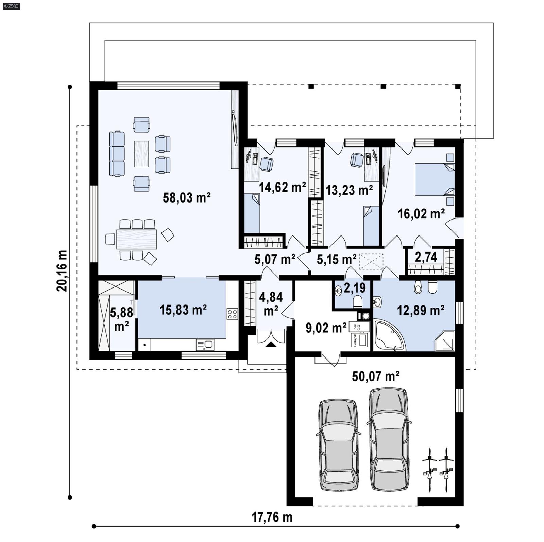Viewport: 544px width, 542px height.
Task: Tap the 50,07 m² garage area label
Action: point(375,376)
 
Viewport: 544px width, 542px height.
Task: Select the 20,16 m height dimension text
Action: point(62,271)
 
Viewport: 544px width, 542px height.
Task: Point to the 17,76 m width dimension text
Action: point(272,517)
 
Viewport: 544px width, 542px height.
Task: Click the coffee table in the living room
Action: point(141,154)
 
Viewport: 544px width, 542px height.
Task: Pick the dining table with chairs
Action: point(136,239)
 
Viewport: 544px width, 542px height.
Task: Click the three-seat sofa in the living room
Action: point(117,154)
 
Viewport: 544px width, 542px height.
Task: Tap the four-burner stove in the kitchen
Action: point(233,314)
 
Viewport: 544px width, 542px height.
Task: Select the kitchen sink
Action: point(205,345)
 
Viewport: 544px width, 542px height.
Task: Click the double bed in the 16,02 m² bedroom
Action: point(434,179)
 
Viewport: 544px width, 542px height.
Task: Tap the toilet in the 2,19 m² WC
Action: point(358,301)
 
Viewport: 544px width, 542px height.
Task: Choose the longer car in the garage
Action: point(389,439)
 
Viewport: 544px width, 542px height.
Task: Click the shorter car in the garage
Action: point(338,445)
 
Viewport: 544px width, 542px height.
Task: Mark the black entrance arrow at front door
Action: point(271,344)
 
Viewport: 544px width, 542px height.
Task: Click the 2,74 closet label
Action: point(426,257)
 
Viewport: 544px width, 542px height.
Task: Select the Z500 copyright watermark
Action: point(11,6)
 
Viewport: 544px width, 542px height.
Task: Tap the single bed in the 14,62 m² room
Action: point(252,213)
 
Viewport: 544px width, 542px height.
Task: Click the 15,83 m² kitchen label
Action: point(183,310)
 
